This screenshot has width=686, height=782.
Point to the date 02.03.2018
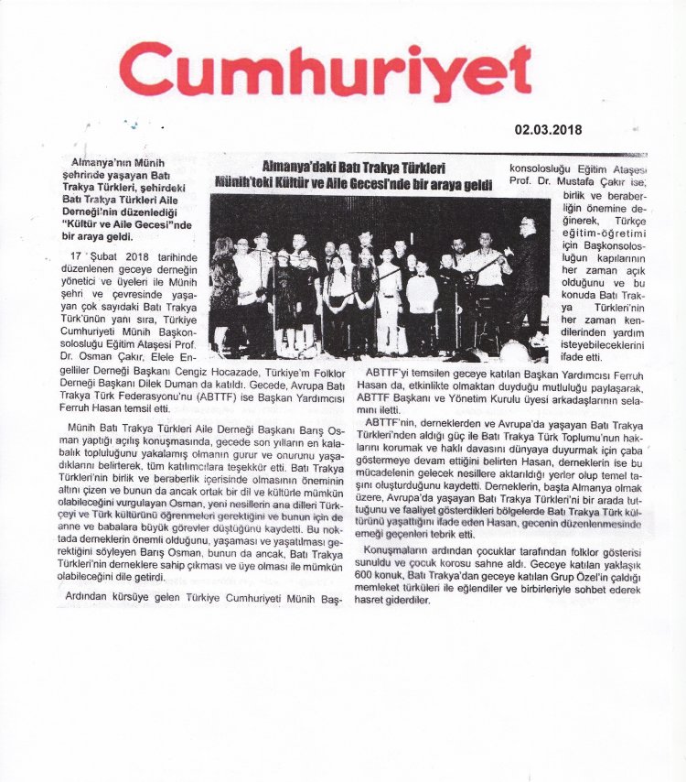coord(549,131)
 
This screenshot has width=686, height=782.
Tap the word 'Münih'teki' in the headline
coord(253,184)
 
